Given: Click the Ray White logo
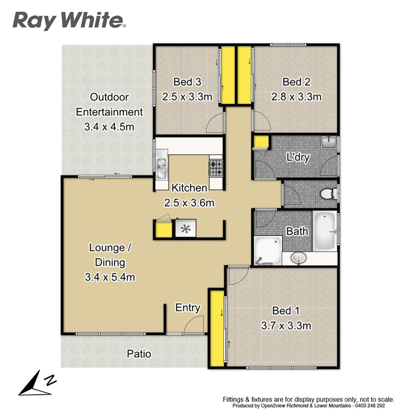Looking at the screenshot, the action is coord(69,21).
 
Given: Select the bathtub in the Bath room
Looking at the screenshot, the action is coord(325,231).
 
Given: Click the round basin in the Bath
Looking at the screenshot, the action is coord(298,258).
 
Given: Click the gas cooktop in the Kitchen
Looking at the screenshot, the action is coord(216,168).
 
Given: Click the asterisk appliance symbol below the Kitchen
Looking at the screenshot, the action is coord(185,228).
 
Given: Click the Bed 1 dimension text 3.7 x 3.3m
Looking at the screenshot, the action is coord(286,326).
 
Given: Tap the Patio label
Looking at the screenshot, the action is coord(139,354).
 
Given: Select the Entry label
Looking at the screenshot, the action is coord(188,308).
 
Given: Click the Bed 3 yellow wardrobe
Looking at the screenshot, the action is coord(228,75).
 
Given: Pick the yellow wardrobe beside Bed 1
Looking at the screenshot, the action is coord(217,329).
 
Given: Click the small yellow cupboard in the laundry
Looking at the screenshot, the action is coord(261,142).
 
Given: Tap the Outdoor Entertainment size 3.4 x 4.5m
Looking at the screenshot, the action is coord(109,127).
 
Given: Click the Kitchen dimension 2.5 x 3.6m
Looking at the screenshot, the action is coord(189,203).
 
